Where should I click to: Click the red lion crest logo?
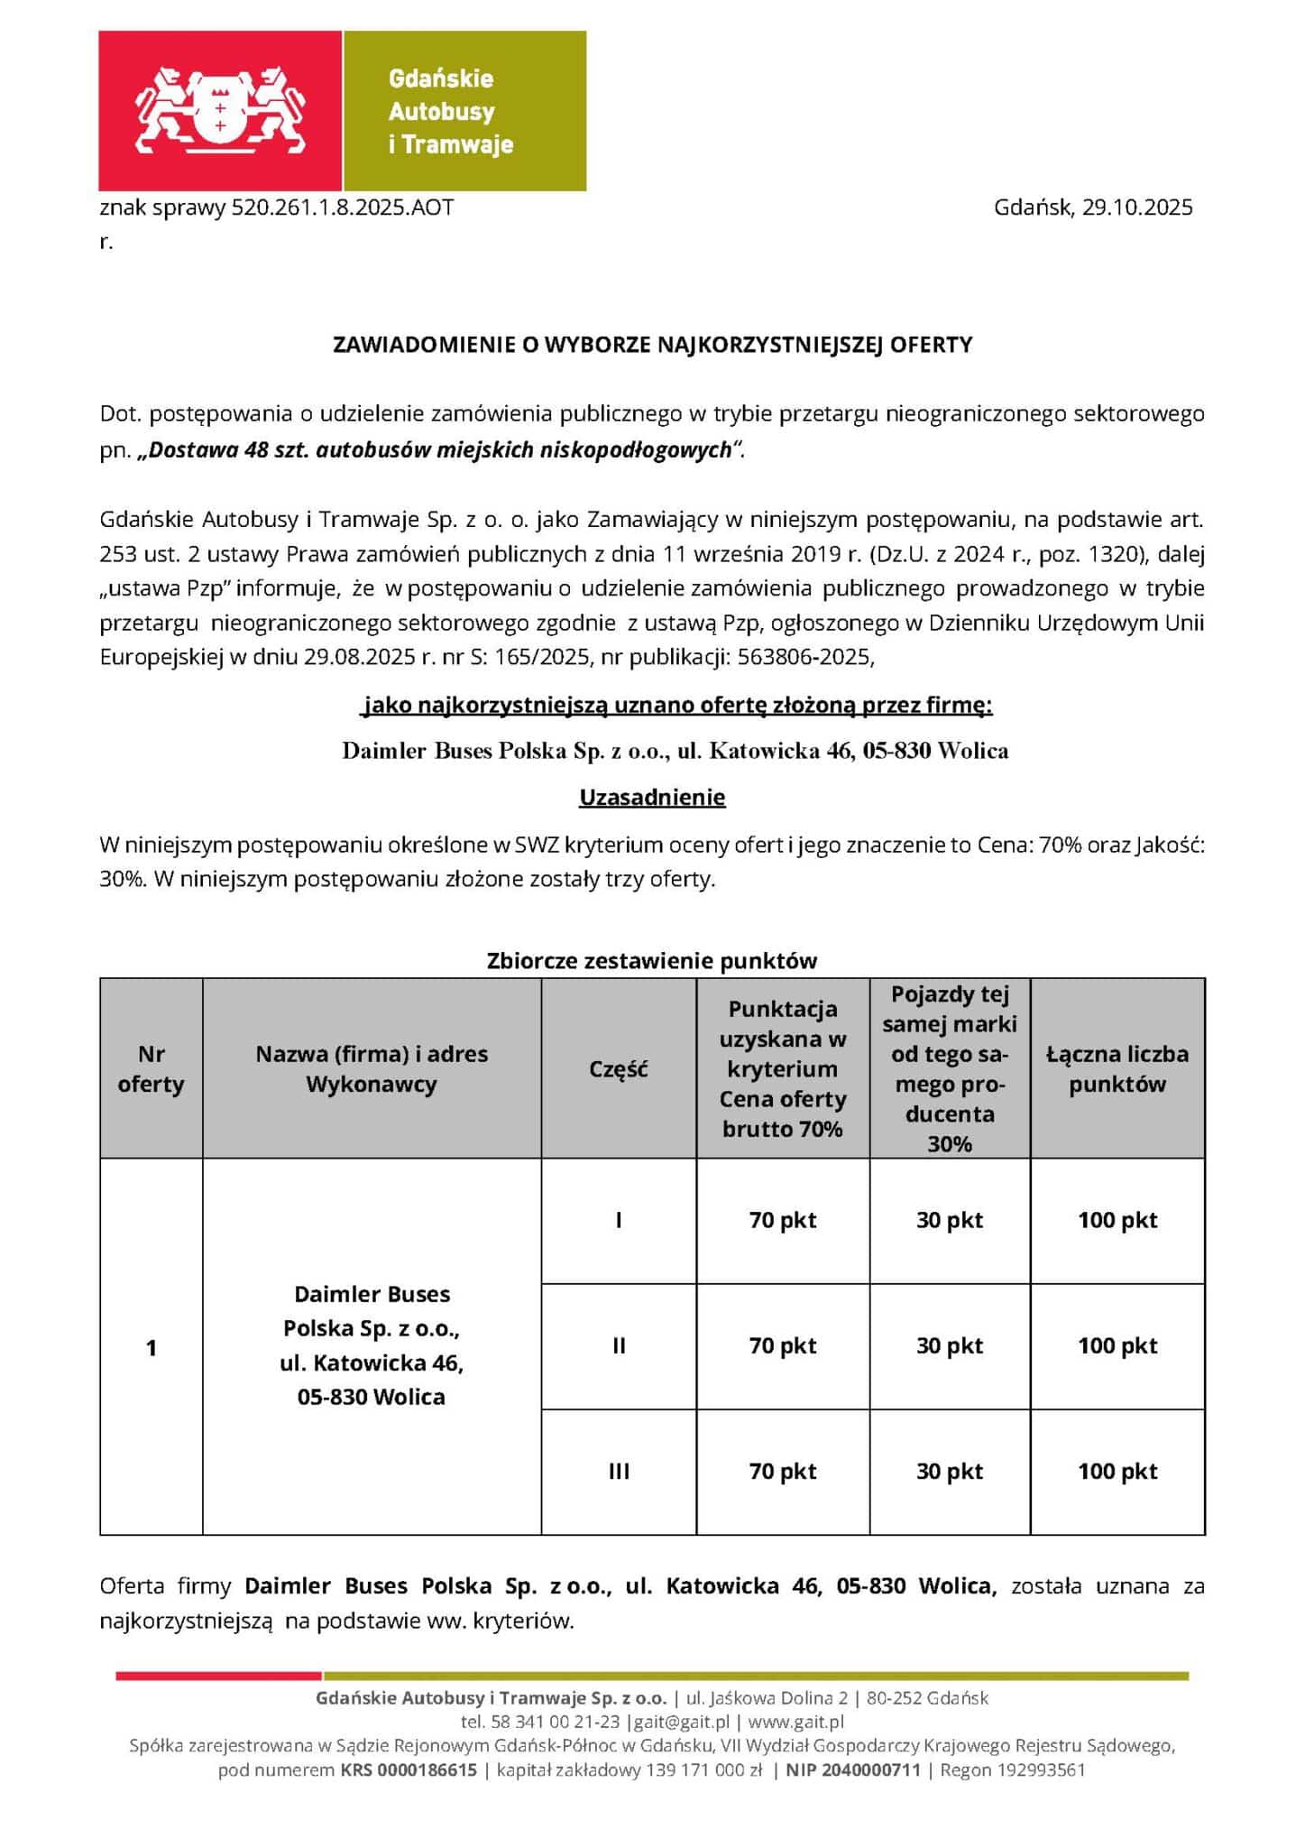tap(220, 110)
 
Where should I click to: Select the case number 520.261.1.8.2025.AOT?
tap(343, 208)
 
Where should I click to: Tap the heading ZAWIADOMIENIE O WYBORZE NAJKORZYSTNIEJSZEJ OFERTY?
tap(652, 345)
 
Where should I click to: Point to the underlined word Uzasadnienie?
tap(652, 798)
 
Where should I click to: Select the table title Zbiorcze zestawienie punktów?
tap(652, 960)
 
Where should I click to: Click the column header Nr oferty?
tap(151, 1069)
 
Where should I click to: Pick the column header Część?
tap(619, 1069)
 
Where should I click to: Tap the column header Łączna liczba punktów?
tap(1117, 1069)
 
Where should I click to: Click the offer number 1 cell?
tap(151, 1348)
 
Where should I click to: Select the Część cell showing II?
tap(619, 1346)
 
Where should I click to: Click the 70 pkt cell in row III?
tap(783, 1472)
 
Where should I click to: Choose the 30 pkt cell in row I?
tap(950, 1221)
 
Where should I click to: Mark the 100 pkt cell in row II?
tap(1117, 1346)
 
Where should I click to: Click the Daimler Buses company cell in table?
tap(372, 1345)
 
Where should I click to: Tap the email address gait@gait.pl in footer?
tap(682, 1722)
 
